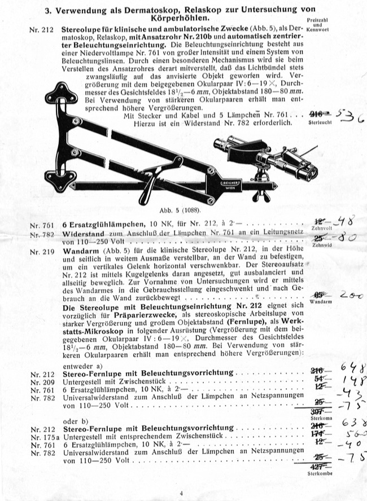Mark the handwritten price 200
pyautogui.click(x=349, y=295)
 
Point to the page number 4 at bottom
pyautogui.click(x=182, y=494)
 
